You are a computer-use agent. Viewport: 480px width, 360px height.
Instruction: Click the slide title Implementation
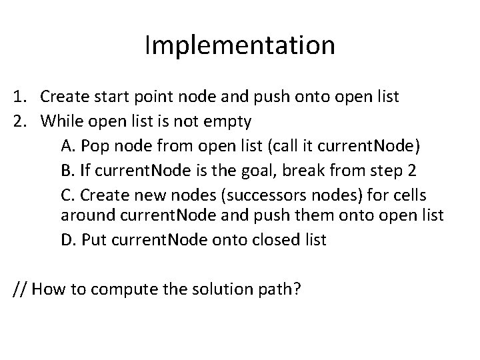click(240, 45)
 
